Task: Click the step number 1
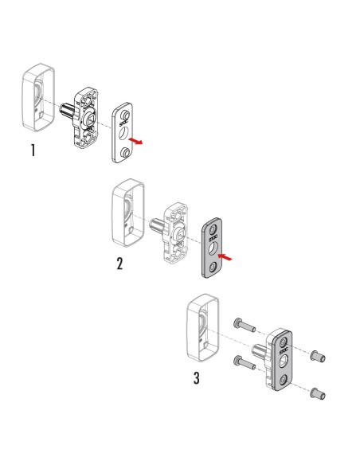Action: click(x=31, y=151)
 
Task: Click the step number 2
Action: click(x=119, y=264)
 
